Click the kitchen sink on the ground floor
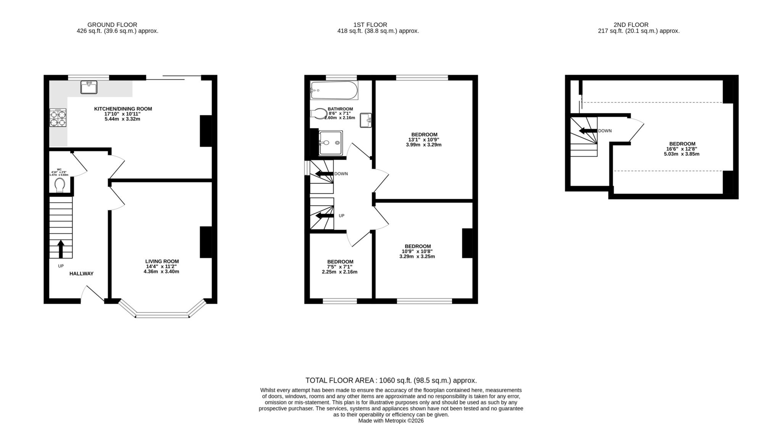(x=89, y=87)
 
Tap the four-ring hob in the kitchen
(x=58, y=118)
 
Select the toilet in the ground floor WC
(x=60, y=186)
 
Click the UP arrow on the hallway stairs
(x=61, y=249)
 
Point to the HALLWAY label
(x=81, y=273)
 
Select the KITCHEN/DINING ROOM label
(x=123, y=109)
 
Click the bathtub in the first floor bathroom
(x=334, y=91)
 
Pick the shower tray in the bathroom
(x=331, y=143)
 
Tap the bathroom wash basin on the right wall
(x=366, y=120)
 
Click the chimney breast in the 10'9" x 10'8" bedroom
(x=467, y=243)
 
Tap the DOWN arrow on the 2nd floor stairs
(x=588, y=131)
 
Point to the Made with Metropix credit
(x=391, y=421)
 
